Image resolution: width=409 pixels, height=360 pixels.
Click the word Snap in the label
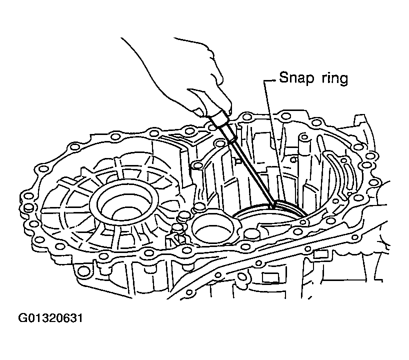pyautogui.click(x=296, y=77)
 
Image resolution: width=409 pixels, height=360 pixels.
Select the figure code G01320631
pyautogui.click(x=50, y=318)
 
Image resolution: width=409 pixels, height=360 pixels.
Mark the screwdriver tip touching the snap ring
pyautogui.click(x=273, y=206)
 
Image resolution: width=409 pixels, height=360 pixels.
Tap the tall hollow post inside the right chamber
pyautogui.click(x=303, y=146)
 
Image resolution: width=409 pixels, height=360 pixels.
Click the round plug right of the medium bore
pyautogui.click(x=252, y=234)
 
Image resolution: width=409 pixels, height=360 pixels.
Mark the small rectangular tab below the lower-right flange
pyautogui.click(x=320, y=254)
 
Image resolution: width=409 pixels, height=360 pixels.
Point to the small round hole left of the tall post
pyautogui.click(x=294, y=159)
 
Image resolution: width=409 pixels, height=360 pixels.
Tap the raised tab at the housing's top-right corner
pyautogui.click(x=360, y=120)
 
